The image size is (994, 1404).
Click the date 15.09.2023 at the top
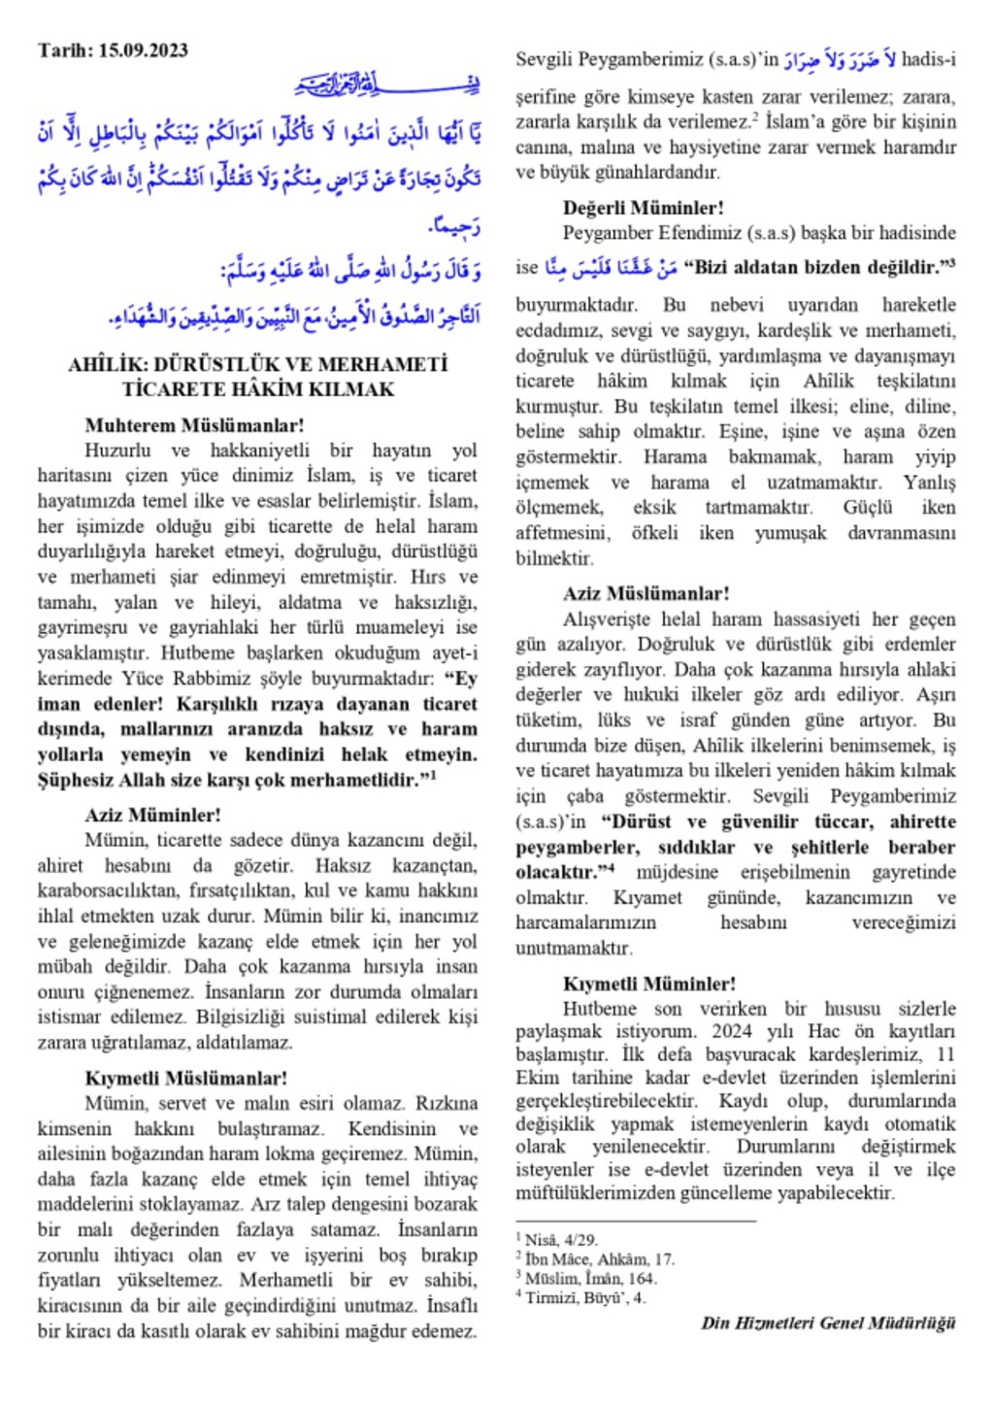(143, 50)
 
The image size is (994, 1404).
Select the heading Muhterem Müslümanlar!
(194, 425)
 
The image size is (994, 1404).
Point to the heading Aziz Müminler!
(152, 815)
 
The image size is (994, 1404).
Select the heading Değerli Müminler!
(643, 207)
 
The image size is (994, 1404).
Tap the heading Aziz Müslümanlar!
(646, 593)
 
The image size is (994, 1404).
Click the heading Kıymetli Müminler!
(648, 984)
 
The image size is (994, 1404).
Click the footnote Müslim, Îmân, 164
(590, 1279)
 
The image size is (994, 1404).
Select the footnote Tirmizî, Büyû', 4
(584, 1298)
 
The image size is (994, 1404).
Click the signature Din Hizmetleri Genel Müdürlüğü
(828, 1322)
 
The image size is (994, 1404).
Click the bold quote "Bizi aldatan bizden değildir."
(813, 267)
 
